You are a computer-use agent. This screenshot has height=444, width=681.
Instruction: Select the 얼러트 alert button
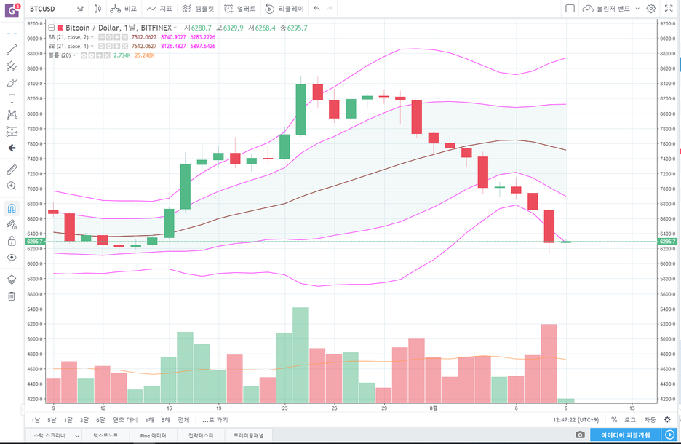(241, 9)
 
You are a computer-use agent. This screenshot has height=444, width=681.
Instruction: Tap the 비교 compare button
(124, 9)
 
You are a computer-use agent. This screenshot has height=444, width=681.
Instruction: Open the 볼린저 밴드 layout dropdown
(611, 9)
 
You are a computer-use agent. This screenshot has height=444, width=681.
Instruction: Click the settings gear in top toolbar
(651, 9)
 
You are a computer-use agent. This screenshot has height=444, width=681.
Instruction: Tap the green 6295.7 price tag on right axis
(667, 242)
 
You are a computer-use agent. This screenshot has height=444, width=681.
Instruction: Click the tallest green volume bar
(300, 355)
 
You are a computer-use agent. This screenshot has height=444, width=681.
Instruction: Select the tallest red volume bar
(549, 363)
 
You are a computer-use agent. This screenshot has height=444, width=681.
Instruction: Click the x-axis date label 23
(284, 408)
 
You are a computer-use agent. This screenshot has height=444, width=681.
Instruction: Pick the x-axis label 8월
(434, 408)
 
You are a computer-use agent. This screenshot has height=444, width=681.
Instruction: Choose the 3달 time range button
(84, 420)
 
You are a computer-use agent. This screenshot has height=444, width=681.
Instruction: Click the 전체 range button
(183, 420)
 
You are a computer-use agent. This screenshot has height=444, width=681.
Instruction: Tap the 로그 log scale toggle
(629, 420)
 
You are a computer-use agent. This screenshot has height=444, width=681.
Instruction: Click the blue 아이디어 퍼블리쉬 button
(625, 435)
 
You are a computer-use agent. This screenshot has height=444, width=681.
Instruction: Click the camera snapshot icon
(580, 435)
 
